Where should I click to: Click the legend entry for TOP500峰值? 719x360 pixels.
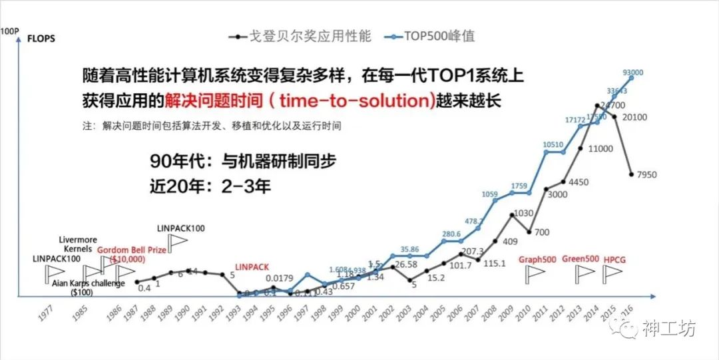tap(439, 36)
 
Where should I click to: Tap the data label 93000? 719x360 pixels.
tap(632, 73)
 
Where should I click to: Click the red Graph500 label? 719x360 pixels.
tap(538, 259)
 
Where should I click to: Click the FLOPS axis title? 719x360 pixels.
tap(41, 38)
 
